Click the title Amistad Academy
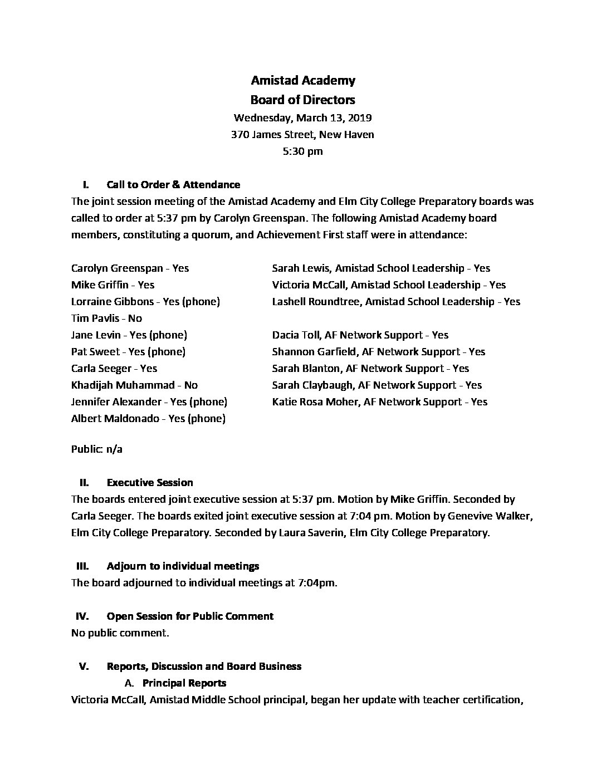click(302, 81)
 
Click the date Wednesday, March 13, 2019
click(302, 117)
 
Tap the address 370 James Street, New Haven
click(302, 134)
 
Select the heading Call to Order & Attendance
click(173, 184)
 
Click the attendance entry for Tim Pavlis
click(106, 318)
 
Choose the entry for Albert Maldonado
click(148, 418)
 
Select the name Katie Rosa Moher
click(315, 401)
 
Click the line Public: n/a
click(97, 449)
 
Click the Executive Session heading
click(150, 482)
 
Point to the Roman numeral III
click(82, 566)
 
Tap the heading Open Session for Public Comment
click(190, 616)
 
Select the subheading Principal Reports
click(184, 683)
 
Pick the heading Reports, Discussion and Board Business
click(204, 666)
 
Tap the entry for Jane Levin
click(129, 335)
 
